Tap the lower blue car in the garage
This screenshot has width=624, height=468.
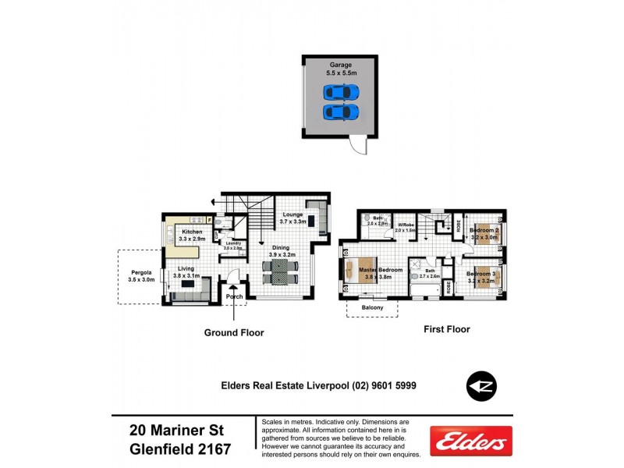[339, 112]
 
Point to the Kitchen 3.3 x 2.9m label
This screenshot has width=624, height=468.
[193, 236]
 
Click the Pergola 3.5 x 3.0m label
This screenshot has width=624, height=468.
[142, 275]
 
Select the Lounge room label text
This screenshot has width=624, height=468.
[292, 218]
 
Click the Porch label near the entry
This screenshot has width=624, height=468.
[235, 296]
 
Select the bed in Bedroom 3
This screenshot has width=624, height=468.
[484, 278]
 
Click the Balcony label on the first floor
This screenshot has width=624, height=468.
[372, 308]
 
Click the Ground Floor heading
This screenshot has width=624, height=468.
[234, 333]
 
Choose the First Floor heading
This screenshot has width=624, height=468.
[446, 330]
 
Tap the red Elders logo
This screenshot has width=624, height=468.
[471, 441]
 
